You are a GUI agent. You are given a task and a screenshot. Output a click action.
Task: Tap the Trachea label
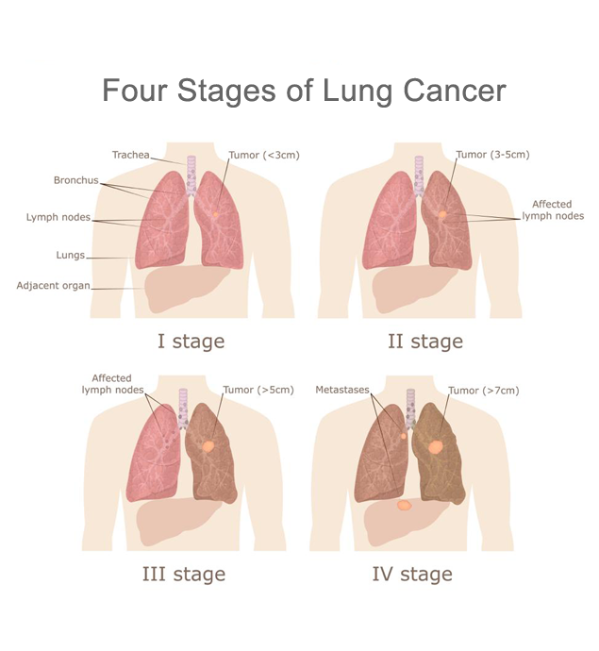tap(131, 155)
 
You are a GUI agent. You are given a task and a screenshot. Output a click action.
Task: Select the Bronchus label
tap(76, 180)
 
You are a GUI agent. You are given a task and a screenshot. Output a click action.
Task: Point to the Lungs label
tap(70, 255)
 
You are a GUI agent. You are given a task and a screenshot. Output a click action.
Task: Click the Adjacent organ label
tap(53, 286)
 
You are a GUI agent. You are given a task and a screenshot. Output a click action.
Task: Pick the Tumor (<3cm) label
tap(264, 155)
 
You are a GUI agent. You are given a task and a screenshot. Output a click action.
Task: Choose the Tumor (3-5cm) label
tap(492, 155)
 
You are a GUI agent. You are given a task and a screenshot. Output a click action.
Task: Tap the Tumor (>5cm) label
tap(258, 390)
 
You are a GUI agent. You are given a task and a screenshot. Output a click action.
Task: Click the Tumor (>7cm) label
tap(484, 391)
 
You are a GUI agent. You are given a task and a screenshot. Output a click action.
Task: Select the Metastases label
tap(342, 390)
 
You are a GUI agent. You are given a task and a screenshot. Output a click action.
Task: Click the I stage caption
tap(191, 342)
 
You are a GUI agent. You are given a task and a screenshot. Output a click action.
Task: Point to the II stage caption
tap(425, 342)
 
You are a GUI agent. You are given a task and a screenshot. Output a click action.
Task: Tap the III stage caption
tap(184, 575)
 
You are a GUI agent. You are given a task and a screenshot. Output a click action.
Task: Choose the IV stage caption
tap(412, 575)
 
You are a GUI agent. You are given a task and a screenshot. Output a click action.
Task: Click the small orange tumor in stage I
tap(215, 214)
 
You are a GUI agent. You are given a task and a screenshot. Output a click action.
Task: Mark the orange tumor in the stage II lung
tap(442, 214)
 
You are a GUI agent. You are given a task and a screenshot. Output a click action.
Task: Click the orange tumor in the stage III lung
tap(208, 446)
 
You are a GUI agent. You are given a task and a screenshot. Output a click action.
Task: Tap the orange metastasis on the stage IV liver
tap(404, 506)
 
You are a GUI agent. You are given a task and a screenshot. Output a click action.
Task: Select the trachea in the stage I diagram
tap(191, 175)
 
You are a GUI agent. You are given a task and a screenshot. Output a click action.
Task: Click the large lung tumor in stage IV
tap(436, 446)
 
